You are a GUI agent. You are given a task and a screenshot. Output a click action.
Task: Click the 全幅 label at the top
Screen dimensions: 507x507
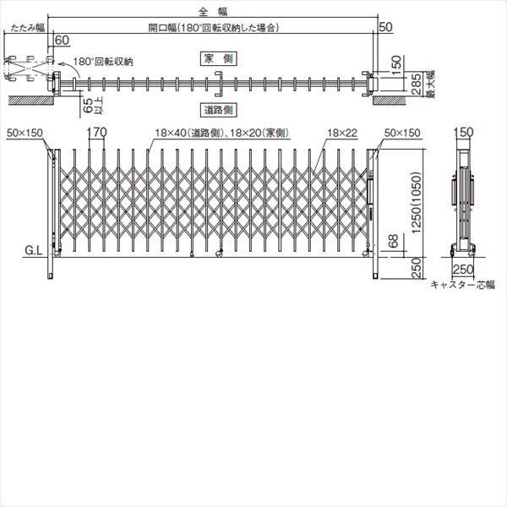coord(208,11)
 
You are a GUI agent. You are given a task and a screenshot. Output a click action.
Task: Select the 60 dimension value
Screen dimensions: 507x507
coord(62,40)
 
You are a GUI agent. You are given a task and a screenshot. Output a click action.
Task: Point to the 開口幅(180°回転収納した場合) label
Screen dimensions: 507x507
coord(214,28)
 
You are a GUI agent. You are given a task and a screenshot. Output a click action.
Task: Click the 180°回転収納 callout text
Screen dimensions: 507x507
coord(103,62)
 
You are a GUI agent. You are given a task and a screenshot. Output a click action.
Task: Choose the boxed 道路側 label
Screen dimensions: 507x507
coord(217,110)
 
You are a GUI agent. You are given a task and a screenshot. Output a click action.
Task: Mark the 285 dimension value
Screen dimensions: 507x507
coord(416,84)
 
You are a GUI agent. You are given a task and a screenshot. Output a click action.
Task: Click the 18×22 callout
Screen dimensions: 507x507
coord(338,134)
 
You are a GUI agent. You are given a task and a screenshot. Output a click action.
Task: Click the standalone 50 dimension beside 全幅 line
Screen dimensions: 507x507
coord(386,28)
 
